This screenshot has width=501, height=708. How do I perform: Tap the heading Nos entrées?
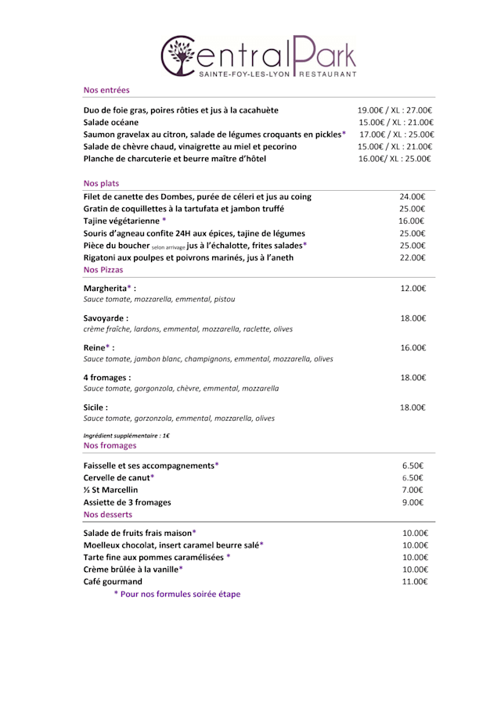pos(106,90)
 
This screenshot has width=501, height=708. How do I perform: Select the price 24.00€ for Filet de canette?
pos(412,196)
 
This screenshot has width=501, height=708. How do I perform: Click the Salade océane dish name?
pos(110,122)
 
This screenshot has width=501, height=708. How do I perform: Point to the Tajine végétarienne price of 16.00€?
pos(412,221)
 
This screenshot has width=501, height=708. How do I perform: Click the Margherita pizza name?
pos(109,288)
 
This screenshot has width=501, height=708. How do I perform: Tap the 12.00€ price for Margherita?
pos(413,288)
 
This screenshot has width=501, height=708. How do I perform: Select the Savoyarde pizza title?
pos(106,318)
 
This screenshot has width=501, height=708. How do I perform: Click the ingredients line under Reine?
pos(207,359)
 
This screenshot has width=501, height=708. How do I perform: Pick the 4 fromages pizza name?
pos(106,377)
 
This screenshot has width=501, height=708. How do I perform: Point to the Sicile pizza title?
pos(96,407)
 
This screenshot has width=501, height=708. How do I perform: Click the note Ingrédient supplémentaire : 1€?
pos(126,435)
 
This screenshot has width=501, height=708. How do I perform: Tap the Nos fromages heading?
pos(110,445)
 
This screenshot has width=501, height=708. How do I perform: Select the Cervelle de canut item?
pos(118,477)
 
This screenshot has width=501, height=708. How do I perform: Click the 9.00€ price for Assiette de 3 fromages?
pos(413,502)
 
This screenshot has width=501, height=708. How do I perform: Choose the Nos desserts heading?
pos(107,514)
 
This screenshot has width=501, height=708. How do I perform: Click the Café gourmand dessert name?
pos(113,581)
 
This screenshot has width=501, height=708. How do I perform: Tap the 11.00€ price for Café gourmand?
pos(414,581)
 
